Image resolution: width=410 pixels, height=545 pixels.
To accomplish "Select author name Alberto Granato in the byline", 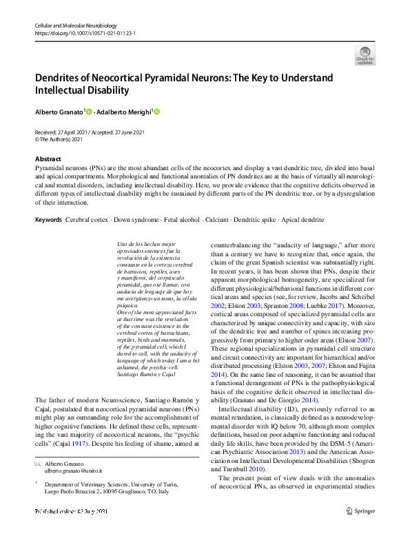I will (x=59, y=112).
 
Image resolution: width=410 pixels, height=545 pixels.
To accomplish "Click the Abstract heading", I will (x=48, y=158).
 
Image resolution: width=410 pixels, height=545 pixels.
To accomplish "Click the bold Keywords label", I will (x=48, y=219).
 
